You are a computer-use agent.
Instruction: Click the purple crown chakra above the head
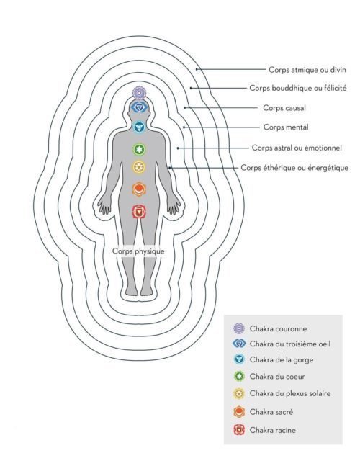(139, 93)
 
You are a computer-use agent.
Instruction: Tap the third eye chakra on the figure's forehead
(139, 107)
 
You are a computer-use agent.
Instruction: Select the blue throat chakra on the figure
(139, 127)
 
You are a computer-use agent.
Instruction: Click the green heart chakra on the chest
(139, 149)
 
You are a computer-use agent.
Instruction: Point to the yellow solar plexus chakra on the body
(139, 167)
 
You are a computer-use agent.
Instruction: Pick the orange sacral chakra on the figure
(139, 189)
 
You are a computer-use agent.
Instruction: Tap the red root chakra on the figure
(139, 212)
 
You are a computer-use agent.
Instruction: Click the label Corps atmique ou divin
(307, 70)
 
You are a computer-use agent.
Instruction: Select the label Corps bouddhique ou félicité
(298, 89)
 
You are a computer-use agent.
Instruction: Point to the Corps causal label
(284, 108)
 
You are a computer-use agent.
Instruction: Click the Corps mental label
(286, 127)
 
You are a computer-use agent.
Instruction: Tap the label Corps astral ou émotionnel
(297, 148)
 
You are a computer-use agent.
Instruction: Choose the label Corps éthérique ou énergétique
(294, 168)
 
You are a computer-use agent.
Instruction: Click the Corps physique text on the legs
(138, 251)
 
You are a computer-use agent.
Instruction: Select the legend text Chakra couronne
(278, 328)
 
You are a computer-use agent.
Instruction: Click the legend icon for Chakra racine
(239, 430)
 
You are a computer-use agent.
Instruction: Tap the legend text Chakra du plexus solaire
(290, 393)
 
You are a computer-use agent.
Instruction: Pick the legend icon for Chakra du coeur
(239, 377)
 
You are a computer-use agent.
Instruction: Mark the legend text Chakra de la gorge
(282, 360)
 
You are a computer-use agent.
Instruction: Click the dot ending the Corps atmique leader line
(197, 69)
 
